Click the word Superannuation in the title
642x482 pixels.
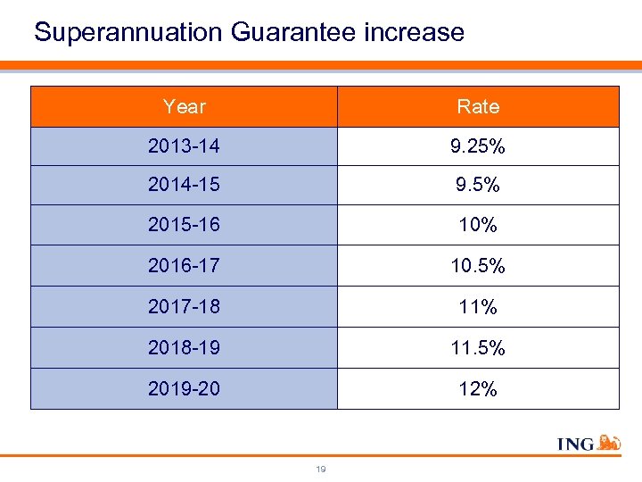click(x=129, y=33)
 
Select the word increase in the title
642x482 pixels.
click(x=415, y=33)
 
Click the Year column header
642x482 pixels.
click(x=185, y=107)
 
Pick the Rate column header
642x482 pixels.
click(x=478, y=107)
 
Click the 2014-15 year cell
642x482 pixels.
click(x=184, y=186)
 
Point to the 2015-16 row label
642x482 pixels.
click(x=184, y=225)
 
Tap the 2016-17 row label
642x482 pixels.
click(x=184, y=266)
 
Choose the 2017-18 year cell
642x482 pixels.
click(x=184, y=307)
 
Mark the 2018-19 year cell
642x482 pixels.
click(x=184, y=348)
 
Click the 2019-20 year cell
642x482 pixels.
click(x=184, y=389)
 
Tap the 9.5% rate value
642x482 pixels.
click(x=478, y=186)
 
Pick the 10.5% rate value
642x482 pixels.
click(x=478, y=266)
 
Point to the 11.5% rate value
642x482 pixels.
click(x=478, y=348)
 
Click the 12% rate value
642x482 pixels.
click(x=478, y=389)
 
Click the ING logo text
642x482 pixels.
click(x=575, y=444)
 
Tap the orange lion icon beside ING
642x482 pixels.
click(x=610, y=442)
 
